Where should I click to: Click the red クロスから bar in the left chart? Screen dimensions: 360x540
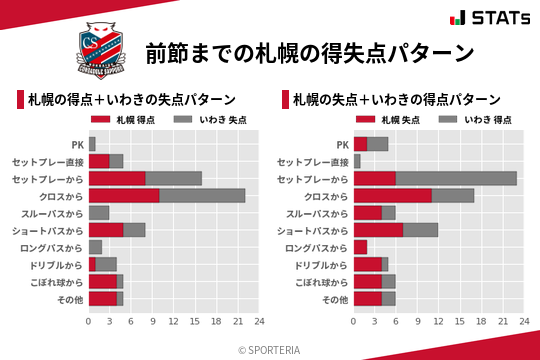[x=124, y=195]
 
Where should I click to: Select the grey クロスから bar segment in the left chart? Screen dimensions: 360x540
[x=202, y=195]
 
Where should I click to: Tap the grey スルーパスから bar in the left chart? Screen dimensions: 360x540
[x=99, y=213]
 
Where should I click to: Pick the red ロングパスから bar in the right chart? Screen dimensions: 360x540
[x=360, y=247]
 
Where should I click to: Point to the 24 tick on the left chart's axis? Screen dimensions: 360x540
[x=259, y=322]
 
